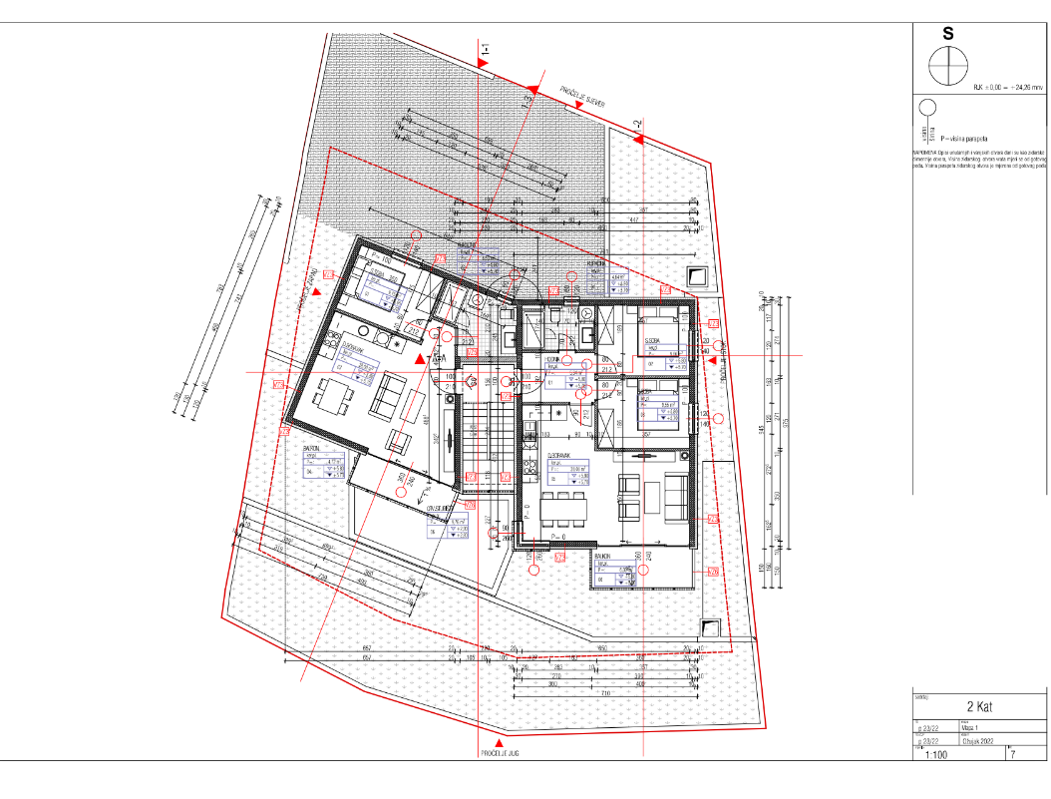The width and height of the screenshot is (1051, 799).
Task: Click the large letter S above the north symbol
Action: pos(947,32)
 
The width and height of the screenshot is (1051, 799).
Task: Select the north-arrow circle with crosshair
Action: pos(947,66)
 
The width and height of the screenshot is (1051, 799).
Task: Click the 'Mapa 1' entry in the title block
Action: pos(973,728)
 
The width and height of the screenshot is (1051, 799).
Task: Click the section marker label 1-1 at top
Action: pos(485,47)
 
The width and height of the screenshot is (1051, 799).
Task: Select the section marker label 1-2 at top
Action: pos(635,124)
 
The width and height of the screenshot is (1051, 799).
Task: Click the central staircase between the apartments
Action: pos(486,439)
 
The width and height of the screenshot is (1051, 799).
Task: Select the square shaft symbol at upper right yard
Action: pos(697,276)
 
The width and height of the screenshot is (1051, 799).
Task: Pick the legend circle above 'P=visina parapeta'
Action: pos(926,108)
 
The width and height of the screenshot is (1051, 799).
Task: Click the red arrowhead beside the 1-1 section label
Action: pos(483,63)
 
